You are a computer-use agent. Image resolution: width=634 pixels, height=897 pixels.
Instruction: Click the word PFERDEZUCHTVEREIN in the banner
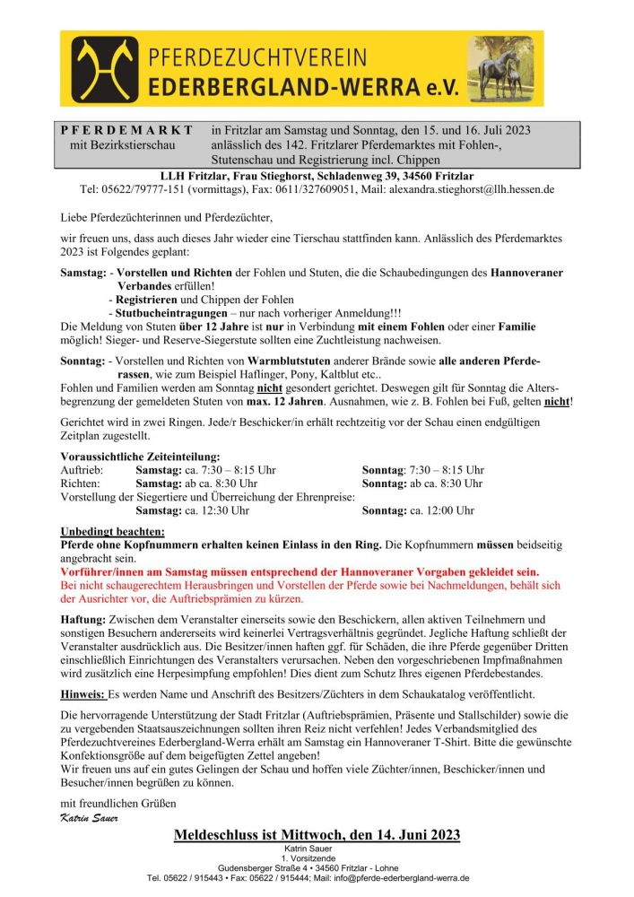[256, 57]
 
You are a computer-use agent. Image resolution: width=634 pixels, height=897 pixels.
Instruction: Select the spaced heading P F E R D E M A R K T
[126, 130]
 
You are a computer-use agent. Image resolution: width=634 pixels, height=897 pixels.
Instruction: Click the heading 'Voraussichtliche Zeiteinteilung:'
[139, 457]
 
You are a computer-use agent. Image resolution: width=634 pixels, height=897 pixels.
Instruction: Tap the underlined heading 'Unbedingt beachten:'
[112, 531]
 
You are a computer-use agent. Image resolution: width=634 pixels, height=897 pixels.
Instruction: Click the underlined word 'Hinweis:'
[83, 694]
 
